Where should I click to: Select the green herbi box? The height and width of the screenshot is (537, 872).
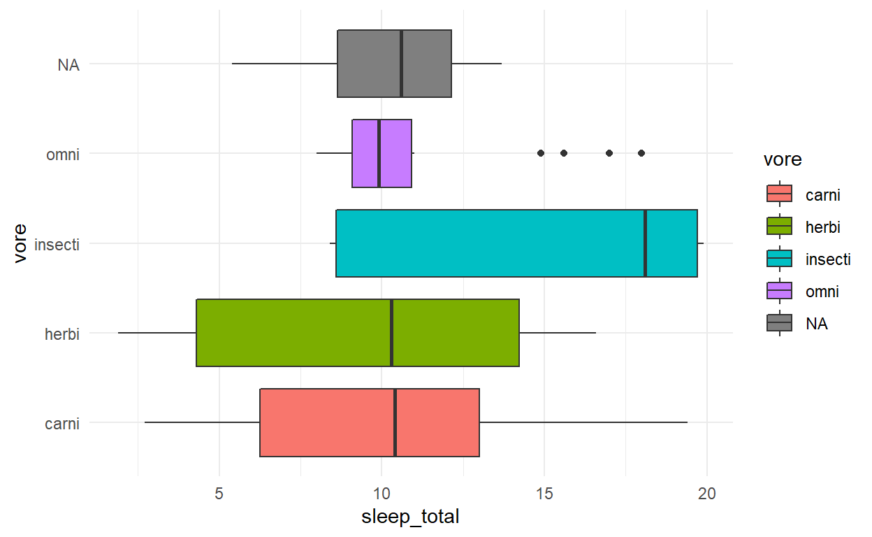(x=293, y=333)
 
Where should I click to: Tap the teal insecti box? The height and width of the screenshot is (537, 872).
(x=489, y=243)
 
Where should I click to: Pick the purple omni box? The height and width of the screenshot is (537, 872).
(x=366, y=154)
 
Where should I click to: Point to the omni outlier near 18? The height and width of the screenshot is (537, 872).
(x=641, y=152)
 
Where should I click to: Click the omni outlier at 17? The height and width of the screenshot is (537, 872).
(x=609, y=152)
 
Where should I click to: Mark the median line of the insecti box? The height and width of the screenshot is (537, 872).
(x=645, y=243)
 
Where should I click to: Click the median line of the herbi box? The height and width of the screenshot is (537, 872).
(x=391, y=333)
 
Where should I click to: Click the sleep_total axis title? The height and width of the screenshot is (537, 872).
(x=410, y=517)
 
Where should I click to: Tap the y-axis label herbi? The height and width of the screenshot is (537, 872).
(x=61, y=334)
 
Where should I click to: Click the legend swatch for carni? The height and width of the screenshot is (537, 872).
(x=779, y=194)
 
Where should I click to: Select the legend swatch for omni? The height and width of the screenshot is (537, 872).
(x=779, y=291)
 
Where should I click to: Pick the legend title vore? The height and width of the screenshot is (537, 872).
(x=782, y=160)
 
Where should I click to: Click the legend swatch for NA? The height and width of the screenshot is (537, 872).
(x=779, y=323)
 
